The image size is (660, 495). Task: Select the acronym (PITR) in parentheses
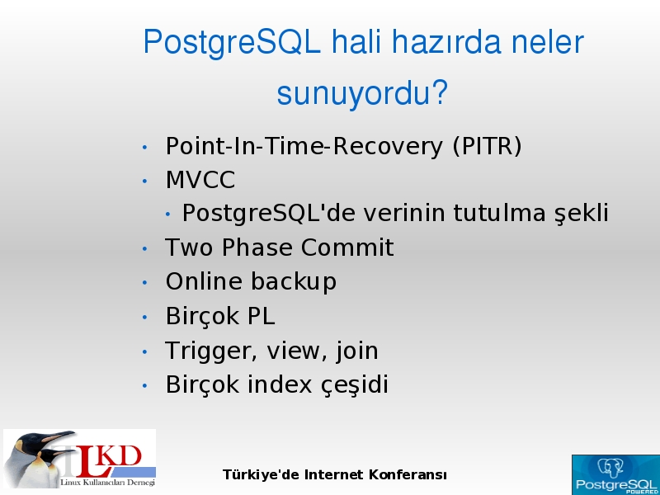pyautogui.click(x=487, y=147)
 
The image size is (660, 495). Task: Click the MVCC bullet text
pyautogui.click(x=200, y=180)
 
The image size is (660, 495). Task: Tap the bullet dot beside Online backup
pyautogui.click(x=145, y=282)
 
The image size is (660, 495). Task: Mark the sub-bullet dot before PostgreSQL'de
pyautogui.click(x=168, y=214)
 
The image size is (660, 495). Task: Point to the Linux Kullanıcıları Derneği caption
pyautogui.click(x=108, y=483)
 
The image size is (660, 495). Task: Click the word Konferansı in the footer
pyautogui.click(x=408, y=475)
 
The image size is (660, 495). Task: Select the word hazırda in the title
pyautogui.click(x=446, y=43)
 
